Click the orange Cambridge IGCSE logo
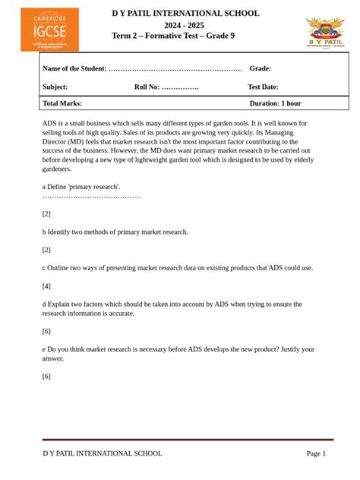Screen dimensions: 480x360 [x=49, y=30]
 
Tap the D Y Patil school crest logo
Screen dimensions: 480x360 [x=325, y=34]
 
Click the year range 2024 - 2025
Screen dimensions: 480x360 [x=185, y=25]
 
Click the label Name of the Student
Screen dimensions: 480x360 [x=74, y=68]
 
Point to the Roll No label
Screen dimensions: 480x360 [x=147, y=87]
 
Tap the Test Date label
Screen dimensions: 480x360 [x=263, y=87]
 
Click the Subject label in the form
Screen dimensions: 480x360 [x=55, y=87]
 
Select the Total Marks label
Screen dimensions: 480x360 [x=62, y=103]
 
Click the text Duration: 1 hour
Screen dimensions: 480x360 [x=275, y=103]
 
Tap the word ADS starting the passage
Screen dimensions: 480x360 [x=49, y=123]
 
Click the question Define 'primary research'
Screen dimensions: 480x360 [x=84, y=186]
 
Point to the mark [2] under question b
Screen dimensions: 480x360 [x=46, y=249]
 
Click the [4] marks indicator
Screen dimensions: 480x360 [x=46, y=286]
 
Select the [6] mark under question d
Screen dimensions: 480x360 [x=46, y=331]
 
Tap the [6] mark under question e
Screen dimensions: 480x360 [x=46, y=376]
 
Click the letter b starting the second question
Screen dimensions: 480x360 [x=44, y=232]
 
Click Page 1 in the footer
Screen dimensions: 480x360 [x=316, y=453]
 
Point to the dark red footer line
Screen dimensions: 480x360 [x=188, y=439]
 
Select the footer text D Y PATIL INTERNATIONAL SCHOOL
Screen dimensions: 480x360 [x=103, y=453]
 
